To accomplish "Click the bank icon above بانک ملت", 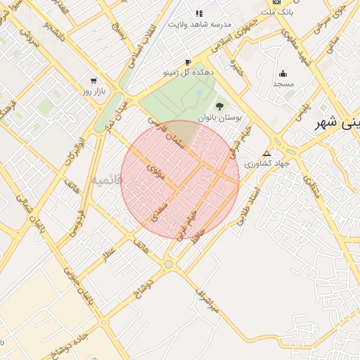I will pos(276,3).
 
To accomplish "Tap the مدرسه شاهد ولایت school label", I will pos(199,23).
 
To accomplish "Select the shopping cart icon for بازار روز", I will pos(93,80).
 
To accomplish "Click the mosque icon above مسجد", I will pos(283,73).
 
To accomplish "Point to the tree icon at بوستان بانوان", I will pos(220,106).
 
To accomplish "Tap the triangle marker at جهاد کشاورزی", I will pos(266,153).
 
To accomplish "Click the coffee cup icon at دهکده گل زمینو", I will pos(188,62).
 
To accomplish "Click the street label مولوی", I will pos(155,172).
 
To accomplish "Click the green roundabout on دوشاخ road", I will pos(168,264).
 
